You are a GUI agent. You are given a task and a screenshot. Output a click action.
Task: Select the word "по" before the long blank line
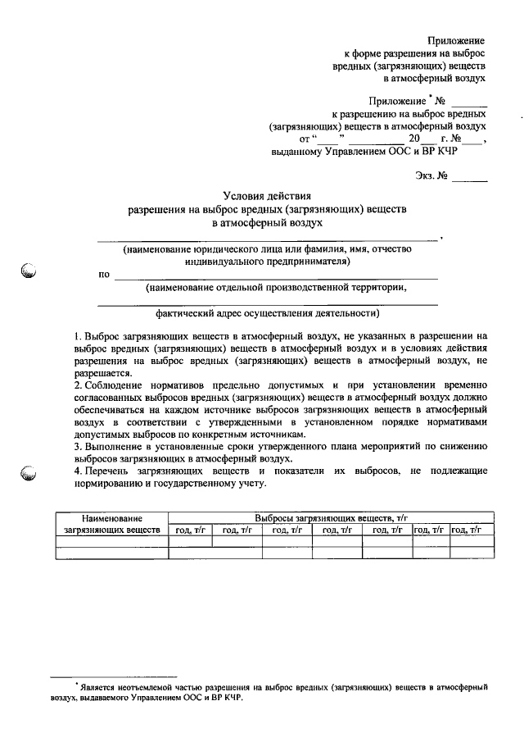104,275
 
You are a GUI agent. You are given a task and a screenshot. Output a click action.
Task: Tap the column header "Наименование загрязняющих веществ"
112,524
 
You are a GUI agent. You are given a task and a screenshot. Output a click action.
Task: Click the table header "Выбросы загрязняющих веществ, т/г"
331,518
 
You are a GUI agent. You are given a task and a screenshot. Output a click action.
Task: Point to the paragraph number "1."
78,335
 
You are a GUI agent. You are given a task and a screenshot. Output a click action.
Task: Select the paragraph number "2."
78,385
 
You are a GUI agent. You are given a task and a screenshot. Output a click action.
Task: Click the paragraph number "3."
78,446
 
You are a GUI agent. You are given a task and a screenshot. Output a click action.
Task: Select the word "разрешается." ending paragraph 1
102,372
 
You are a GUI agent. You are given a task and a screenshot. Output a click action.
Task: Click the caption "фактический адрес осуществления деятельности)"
268,313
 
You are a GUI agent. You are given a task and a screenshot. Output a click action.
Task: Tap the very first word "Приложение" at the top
457,40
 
